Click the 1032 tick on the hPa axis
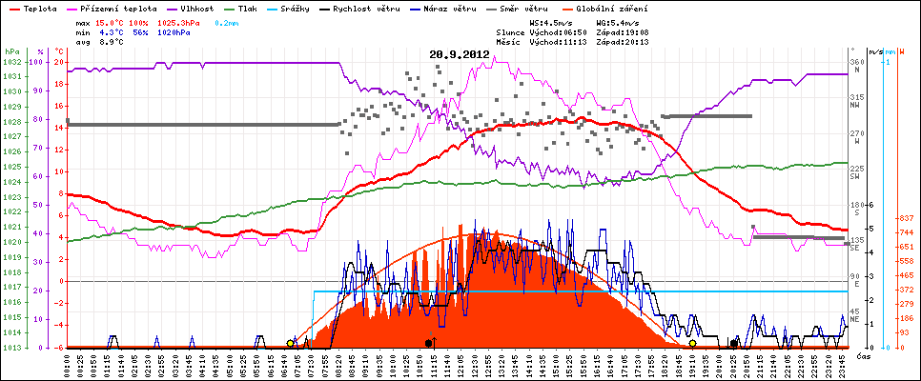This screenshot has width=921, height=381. (x=11, y=62)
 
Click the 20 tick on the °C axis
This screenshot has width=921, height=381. (x=59, y=62)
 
